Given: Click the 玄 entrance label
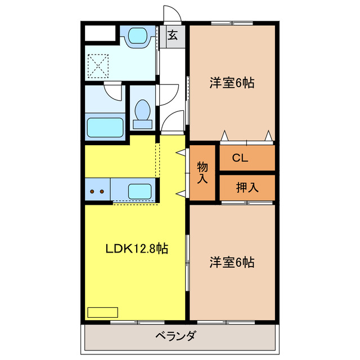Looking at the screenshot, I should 173,35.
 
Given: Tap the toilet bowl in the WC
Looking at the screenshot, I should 142,108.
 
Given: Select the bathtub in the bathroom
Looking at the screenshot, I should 105,127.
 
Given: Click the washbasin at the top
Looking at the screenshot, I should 137,37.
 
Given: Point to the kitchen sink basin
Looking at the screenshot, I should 139,191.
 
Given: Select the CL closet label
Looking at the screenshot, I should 240,159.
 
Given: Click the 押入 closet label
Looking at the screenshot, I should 247,188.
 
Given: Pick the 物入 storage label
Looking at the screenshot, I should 202,173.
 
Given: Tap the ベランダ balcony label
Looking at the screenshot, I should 175,336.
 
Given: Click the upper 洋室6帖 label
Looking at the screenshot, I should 232,83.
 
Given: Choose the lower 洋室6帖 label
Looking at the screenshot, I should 232,262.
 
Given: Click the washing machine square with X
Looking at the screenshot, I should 99,65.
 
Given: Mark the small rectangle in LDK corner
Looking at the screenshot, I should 102,312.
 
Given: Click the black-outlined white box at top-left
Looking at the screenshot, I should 99,33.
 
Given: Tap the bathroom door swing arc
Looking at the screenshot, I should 112,92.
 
